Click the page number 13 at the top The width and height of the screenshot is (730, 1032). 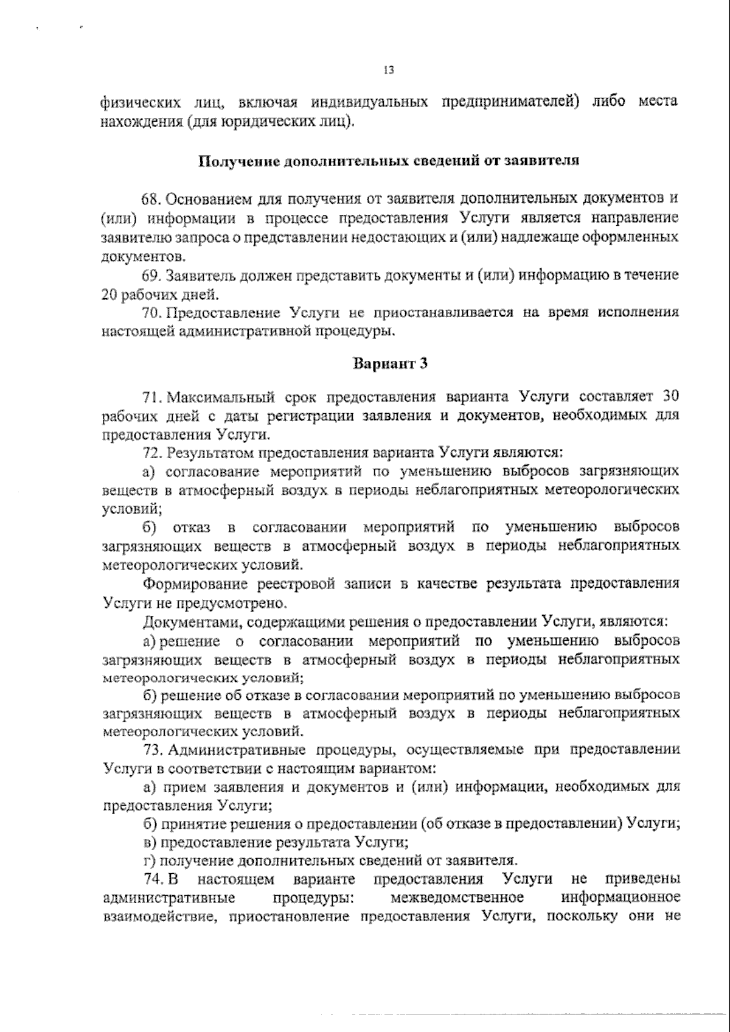coord(389,71)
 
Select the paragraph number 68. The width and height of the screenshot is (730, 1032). coord(151,199)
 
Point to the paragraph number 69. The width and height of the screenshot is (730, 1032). coord(151,275)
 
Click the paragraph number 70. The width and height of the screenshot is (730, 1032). coord(151,313)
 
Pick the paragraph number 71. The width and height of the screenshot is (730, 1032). coord(151,397)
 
